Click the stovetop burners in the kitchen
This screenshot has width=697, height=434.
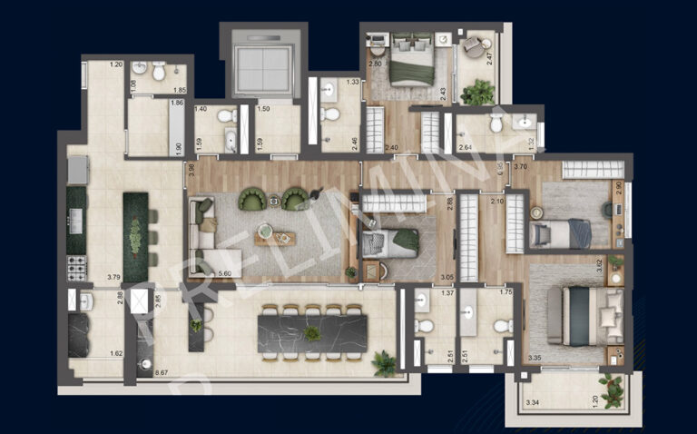[x=76, y=267]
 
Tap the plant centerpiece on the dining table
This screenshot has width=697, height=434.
[x=312, y=332]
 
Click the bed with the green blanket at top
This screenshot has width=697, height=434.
[x=410, y=64]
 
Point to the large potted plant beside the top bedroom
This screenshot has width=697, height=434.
[x=478, y=92]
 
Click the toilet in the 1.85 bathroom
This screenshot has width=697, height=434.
[x=159, y=69]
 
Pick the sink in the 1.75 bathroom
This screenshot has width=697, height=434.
[x=470, y=312]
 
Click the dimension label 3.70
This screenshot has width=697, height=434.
[x=520, y=167]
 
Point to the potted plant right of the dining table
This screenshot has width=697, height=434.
[x=385, y=364]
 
